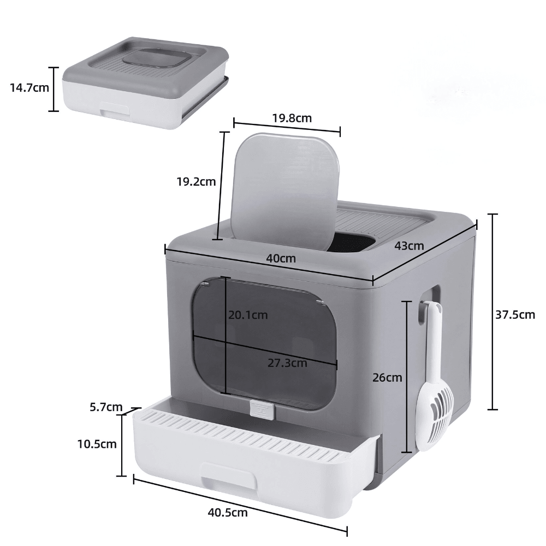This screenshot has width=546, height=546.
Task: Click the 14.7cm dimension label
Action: tap(29, 87)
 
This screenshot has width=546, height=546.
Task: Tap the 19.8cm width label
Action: tap(292, 117)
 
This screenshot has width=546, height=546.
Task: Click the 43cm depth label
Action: tap(409, 246)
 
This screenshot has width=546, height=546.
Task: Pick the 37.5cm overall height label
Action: tap(515, 314)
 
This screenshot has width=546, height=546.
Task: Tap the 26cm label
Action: tap(387, 377)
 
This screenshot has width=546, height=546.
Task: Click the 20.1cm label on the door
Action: tap(248, 314)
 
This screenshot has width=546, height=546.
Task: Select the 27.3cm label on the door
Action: tap(287, 363)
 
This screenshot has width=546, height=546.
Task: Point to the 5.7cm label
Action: tap(106, 407)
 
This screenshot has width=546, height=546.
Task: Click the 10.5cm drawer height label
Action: tap(97, 444)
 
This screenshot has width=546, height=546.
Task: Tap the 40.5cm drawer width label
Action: tap(228, 512)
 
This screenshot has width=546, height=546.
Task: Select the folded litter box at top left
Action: tap(144, 82)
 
